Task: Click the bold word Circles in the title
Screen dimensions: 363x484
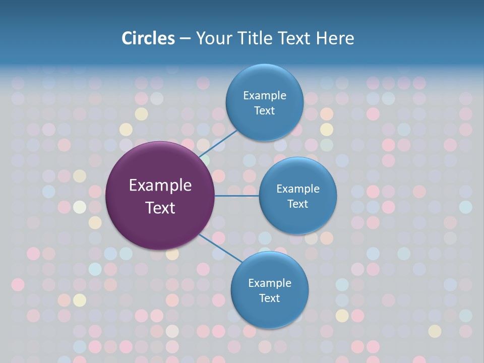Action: pyautogui.click(x=148, y=38)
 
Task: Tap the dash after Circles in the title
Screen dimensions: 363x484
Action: pyautogui.click(x=185, y=39)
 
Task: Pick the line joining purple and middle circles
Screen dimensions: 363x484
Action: pyautogui.click(x=237, y=196)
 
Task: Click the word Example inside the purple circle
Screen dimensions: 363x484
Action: pyautogui.click(x=160, y=186)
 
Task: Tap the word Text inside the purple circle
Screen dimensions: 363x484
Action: pyautogui.click(x=160, y=208)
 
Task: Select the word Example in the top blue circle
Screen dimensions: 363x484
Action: pyautogui.click(x=265, y=96)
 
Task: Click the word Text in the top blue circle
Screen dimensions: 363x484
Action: pyautogui.click(x=264, y=111)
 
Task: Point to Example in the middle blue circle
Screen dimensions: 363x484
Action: pyautogui.click(x=298, y=189)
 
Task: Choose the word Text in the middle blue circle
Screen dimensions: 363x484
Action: pyautogui.click(x=297, y=204)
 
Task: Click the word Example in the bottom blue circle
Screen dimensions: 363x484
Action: pyautogui.click(x=270, y=283)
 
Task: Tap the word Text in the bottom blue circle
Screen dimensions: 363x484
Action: pyautogui.click(x=269, y=298)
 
